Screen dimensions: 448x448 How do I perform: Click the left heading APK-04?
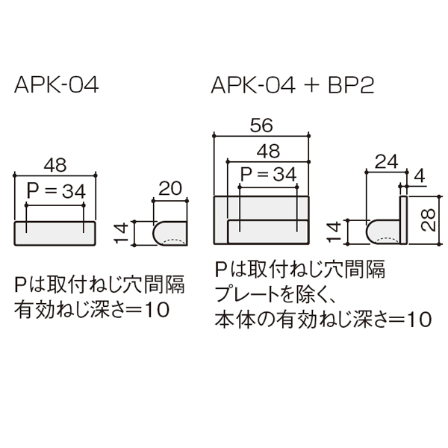[56, 85]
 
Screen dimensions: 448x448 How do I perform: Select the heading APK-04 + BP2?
[292, 85]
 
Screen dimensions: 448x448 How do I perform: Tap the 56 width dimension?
[261, 125]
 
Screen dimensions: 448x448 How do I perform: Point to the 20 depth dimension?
[170, 188]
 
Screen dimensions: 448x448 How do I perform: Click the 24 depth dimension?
[386, 162]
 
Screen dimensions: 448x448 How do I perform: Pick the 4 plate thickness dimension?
[419, 176]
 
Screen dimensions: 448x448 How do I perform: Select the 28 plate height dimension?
[428, 220]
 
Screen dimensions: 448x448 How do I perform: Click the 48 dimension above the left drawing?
[55, 165]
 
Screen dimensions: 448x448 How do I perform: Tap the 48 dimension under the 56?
[268, 151]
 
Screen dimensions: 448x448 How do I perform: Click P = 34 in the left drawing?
[56, 191]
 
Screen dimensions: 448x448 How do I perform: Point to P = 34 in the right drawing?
[268, 174]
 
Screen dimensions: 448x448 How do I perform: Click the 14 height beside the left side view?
[121, 233]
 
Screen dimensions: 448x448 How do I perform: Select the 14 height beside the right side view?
[334, 231]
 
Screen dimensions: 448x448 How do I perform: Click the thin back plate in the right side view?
[403, 220]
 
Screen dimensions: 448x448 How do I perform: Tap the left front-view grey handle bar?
[55, 233]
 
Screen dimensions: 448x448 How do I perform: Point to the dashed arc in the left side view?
[173, 240]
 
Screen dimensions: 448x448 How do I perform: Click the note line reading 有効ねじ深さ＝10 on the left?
[92, 310]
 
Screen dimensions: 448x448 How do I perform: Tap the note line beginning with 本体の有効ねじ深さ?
[323, 319]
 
